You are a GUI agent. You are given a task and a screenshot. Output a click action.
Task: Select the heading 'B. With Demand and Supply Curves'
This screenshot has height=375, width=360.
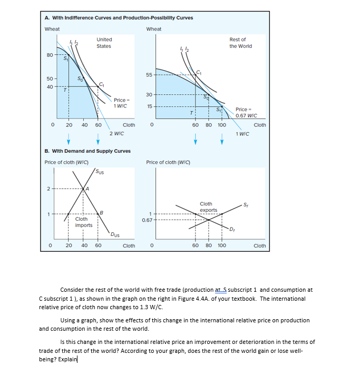pyautogui.click(x=87, y=151)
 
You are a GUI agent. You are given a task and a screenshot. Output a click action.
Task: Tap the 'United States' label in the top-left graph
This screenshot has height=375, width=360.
pyautogui.click(x=104, y=43)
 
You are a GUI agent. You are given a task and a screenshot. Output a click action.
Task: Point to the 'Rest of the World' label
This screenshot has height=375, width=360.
pyautogui.click(x=240, y=43)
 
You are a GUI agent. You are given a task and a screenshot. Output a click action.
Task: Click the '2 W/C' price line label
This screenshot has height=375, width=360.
pyautogui.click(x=116, y=134)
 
